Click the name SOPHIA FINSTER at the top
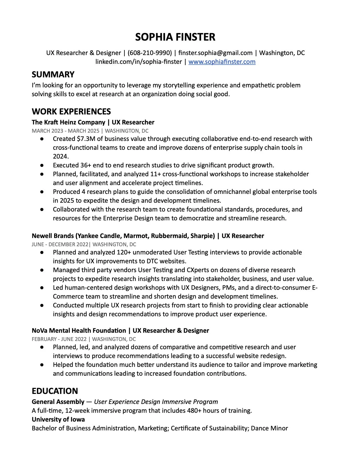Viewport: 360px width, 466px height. click(x=175, y=37)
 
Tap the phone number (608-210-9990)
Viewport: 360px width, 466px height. click(x=150, y=53)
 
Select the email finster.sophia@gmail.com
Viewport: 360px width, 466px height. click(x=215, y=53)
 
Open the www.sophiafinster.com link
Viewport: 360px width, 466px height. click(x=222, y=62)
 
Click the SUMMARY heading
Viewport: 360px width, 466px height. click(x=53, y=74)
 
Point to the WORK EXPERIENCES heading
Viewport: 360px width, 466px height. click(x=71, y=111)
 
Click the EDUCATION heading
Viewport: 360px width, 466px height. click(x=55, y=391)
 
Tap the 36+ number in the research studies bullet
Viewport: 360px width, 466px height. click(x=86, y=165)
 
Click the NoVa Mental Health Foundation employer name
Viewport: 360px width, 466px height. click(x=79, y=331)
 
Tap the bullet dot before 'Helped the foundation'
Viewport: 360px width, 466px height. click(x=42, y=365)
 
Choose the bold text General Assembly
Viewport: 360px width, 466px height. click(x=58, y=402)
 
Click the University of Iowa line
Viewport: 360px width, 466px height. click(x=58, y=420)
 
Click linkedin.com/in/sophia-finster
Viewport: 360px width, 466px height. click(x=139, y=62)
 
